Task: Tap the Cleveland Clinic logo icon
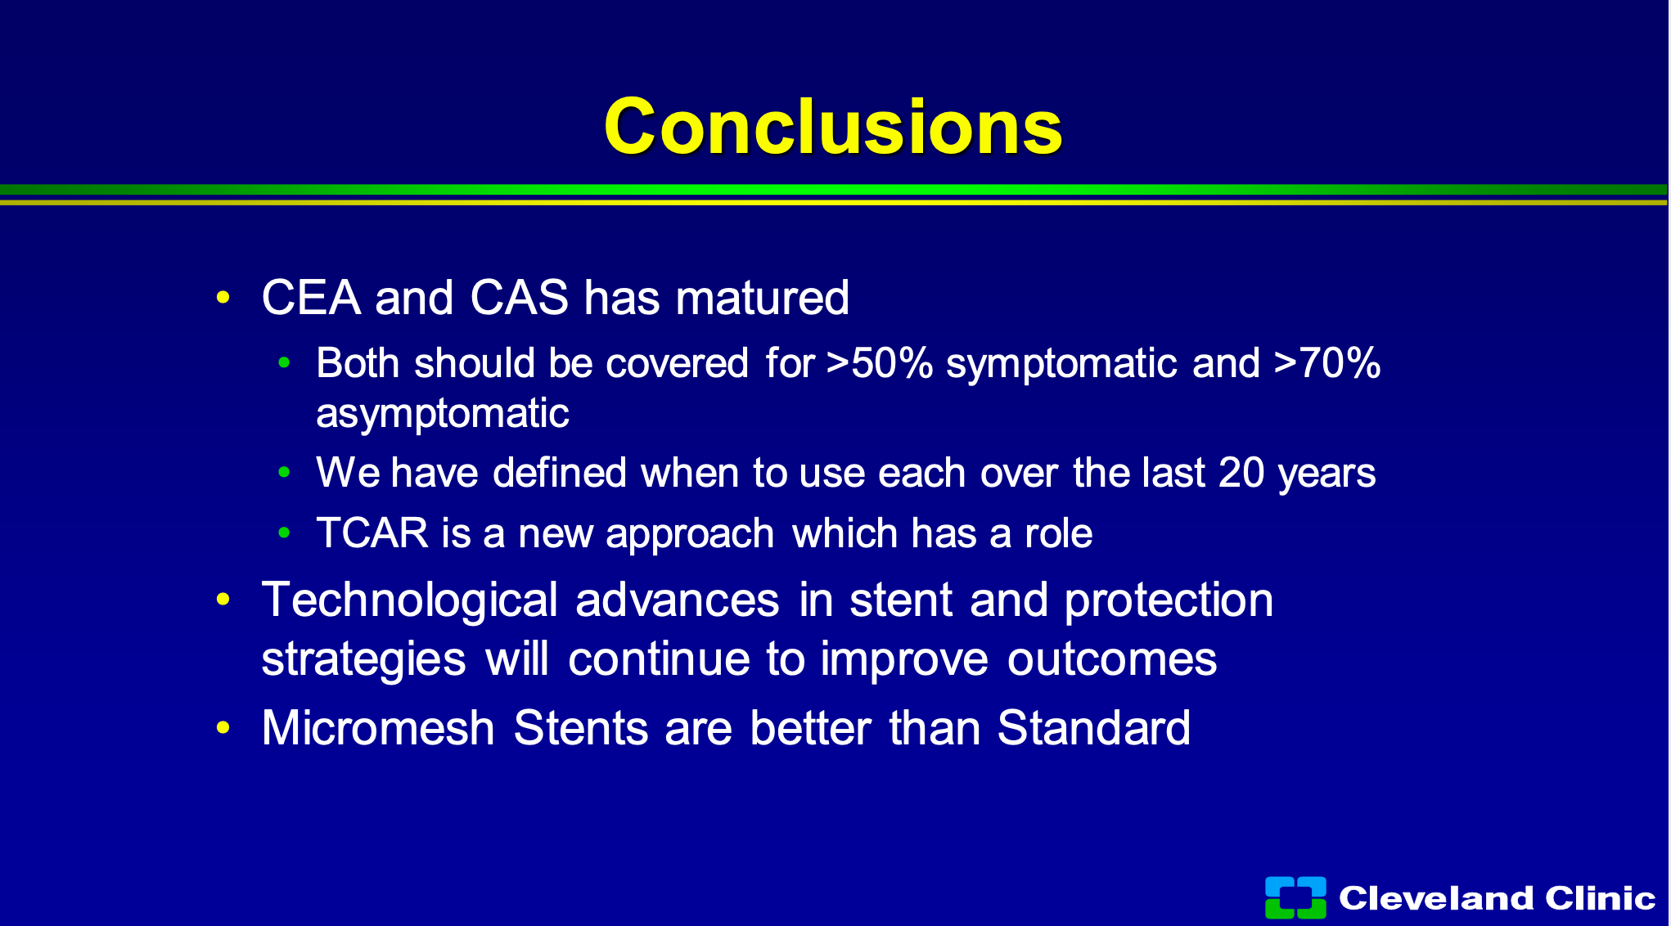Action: tap(1295, 897)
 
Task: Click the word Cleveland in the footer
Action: tap(1436, 898)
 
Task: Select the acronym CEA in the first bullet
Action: tap(311, 297)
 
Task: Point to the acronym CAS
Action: tap(520, 297)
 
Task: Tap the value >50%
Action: tap(880, 363)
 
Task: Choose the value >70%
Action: tap(1327, 363)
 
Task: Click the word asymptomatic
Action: tap(443, 414)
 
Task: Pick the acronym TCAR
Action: tap(372, 533)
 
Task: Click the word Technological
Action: tap(410, 600)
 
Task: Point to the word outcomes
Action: tap(1112, 659)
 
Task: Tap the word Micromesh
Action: tap(378, 727)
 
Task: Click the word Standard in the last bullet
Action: tap(1094, 727)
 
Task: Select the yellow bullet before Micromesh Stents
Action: tap(223, 727)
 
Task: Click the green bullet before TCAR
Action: tap(284, 533)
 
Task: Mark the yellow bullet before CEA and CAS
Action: tap(223, 297)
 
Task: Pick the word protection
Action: tap(1169, 600)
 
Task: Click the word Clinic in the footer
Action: tap(1601, 898)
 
